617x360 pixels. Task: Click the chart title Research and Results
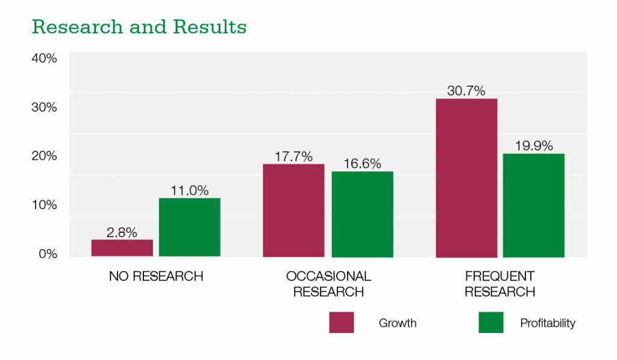pyautogui.click(x=139, y=27)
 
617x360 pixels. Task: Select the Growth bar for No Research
pyautogui.click(x=122, y=248)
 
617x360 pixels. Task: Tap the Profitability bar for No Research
pyautogui.click(x=189, y=227)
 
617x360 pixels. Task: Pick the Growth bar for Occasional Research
pyautogui.click(x=293, y=210)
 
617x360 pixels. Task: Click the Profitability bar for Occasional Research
pyautogui.click(x=362, y=214)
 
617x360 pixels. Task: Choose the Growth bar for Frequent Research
pyautogui.click(x=466, y=178)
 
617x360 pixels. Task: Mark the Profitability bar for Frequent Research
pyautogui.click(x=533, y=205)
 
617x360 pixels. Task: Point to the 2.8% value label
pyautogui.click(x=122, y=232)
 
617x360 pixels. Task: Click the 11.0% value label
pyautogui.click(x=190, y=191)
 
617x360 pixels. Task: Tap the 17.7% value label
pyautogui.click(x=293, y=157)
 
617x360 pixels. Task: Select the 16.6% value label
pyautogui.click(x=362, y=164)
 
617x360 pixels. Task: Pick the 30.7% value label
pyautogui.click(x=466, y=91)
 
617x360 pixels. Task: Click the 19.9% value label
pyautogui.click(x=534, y=146)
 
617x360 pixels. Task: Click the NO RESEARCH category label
pyautogui.click(x=156, y=277)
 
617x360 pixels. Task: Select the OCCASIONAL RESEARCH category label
pyautogui.click(x=328, y=284)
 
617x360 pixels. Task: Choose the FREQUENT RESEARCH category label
pyautogui.click(x=500, y=284)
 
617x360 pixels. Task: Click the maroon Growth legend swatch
pyautogui.click(x=342, y=323)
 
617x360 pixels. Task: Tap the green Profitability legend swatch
pyautogui.click(x=490, y=323)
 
